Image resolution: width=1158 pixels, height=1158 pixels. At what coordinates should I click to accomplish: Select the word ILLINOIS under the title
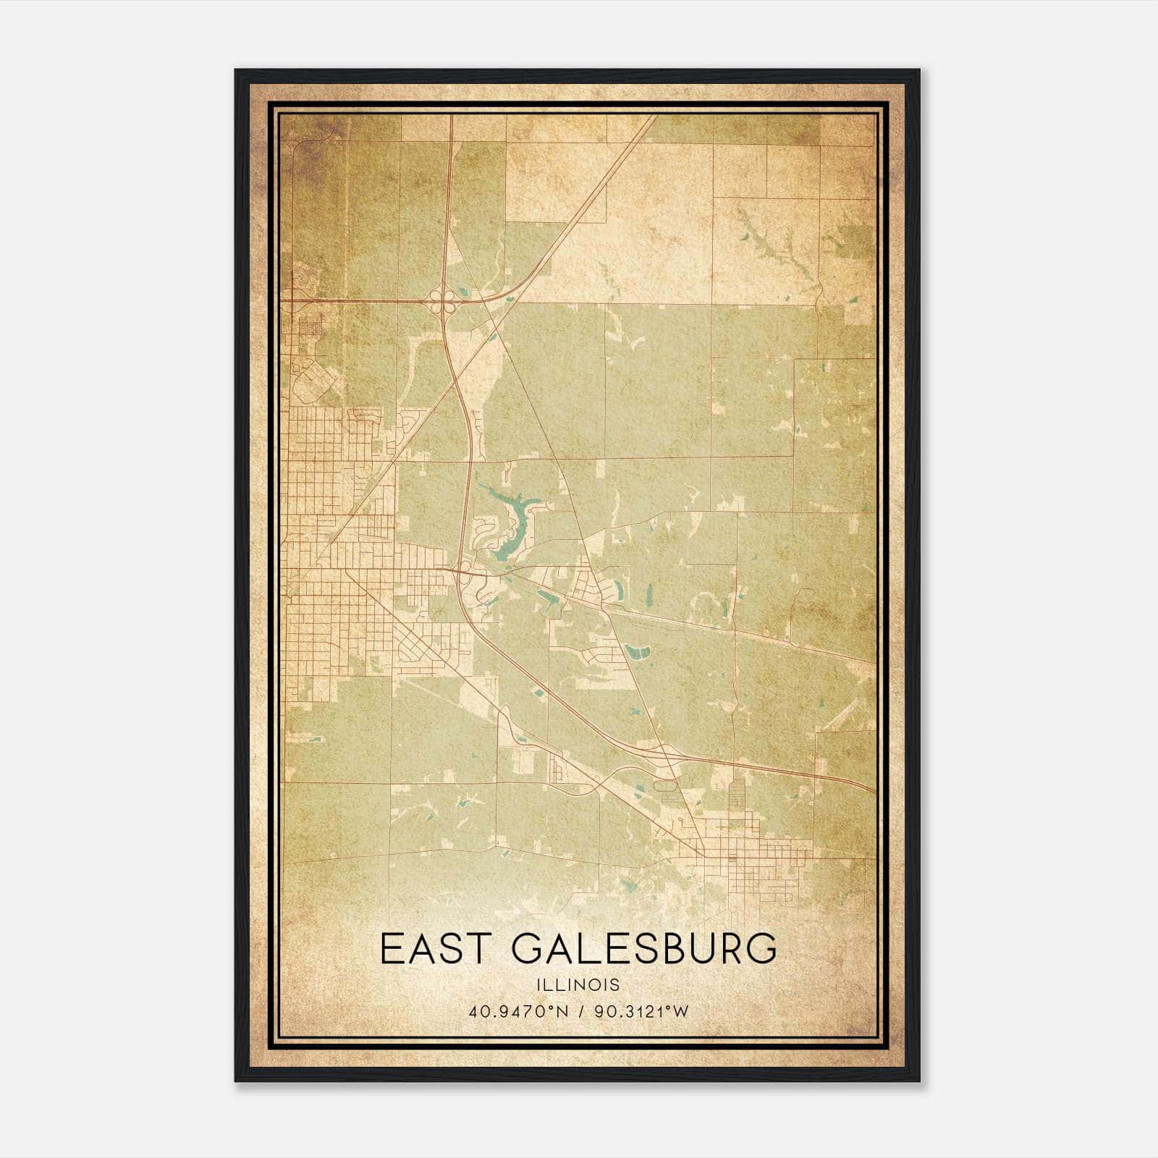[x=578, y=985]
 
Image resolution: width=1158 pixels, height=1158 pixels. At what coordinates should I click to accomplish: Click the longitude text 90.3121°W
[x=641, y=1011]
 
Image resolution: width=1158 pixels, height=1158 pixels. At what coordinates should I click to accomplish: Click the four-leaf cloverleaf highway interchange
[x=442, y=300]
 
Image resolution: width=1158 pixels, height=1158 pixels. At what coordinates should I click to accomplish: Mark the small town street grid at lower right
[x=753, y=861]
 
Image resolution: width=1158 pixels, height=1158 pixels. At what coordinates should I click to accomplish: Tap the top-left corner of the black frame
[x=237, y=71]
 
